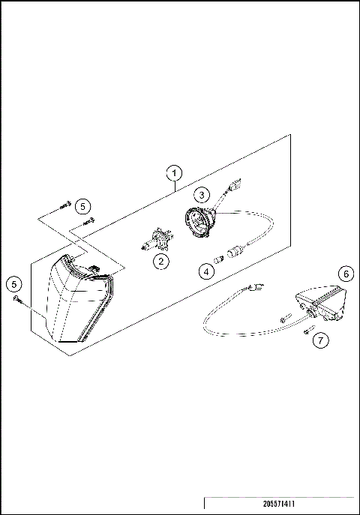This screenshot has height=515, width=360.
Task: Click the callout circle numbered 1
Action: point(174,172)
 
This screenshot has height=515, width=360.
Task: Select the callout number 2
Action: point(160,262)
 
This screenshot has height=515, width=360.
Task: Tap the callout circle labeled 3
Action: point(201,194)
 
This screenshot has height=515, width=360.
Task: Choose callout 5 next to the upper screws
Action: point(82,205)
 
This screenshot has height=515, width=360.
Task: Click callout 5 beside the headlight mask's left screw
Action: point(13,283)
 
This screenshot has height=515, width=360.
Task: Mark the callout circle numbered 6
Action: point(344,274)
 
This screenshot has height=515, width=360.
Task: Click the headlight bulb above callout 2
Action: point(156,241)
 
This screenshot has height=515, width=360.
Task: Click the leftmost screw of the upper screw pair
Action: point(63,204)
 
